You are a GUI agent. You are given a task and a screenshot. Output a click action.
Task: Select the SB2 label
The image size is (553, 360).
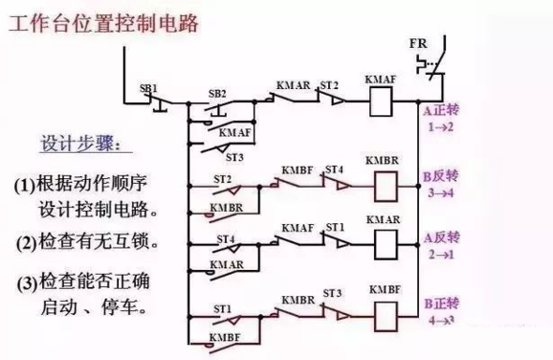(x=217, y=94)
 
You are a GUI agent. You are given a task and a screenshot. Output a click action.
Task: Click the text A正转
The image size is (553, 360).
(x=441, y=111)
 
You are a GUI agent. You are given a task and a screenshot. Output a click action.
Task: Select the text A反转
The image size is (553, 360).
(x=441, y=236)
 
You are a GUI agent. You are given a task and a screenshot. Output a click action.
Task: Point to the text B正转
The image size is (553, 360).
(x=441, y=304)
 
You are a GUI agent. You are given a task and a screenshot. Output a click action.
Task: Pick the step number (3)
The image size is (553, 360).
(x=26, y=284)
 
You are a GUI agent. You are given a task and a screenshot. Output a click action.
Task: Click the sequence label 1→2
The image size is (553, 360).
(x=440, y=126)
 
